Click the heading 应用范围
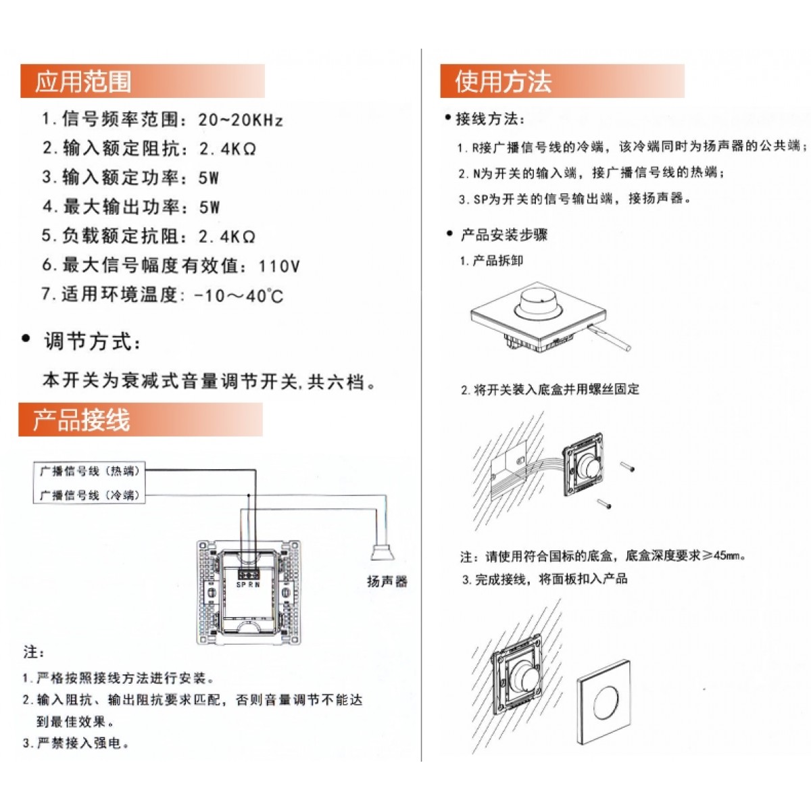(83, 81)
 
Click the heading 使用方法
(503, 81)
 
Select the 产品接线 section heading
(81, 420)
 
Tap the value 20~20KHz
(241, 120)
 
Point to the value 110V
(279, 266)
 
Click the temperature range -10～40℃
(239, 295)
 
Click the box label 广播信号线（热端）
(89, 471)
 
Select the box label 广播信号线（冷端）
(89, 495)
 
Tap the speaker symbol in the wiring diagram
(382, 551)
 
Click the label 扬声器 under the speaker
(387, 582)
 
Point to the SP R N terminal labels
(248, 585)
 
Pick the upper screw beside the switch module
(627, 466)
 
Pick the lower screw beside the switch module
(604, 504)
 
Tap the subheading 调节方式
(92, 341)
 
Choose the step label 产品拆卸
(497, 261)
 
